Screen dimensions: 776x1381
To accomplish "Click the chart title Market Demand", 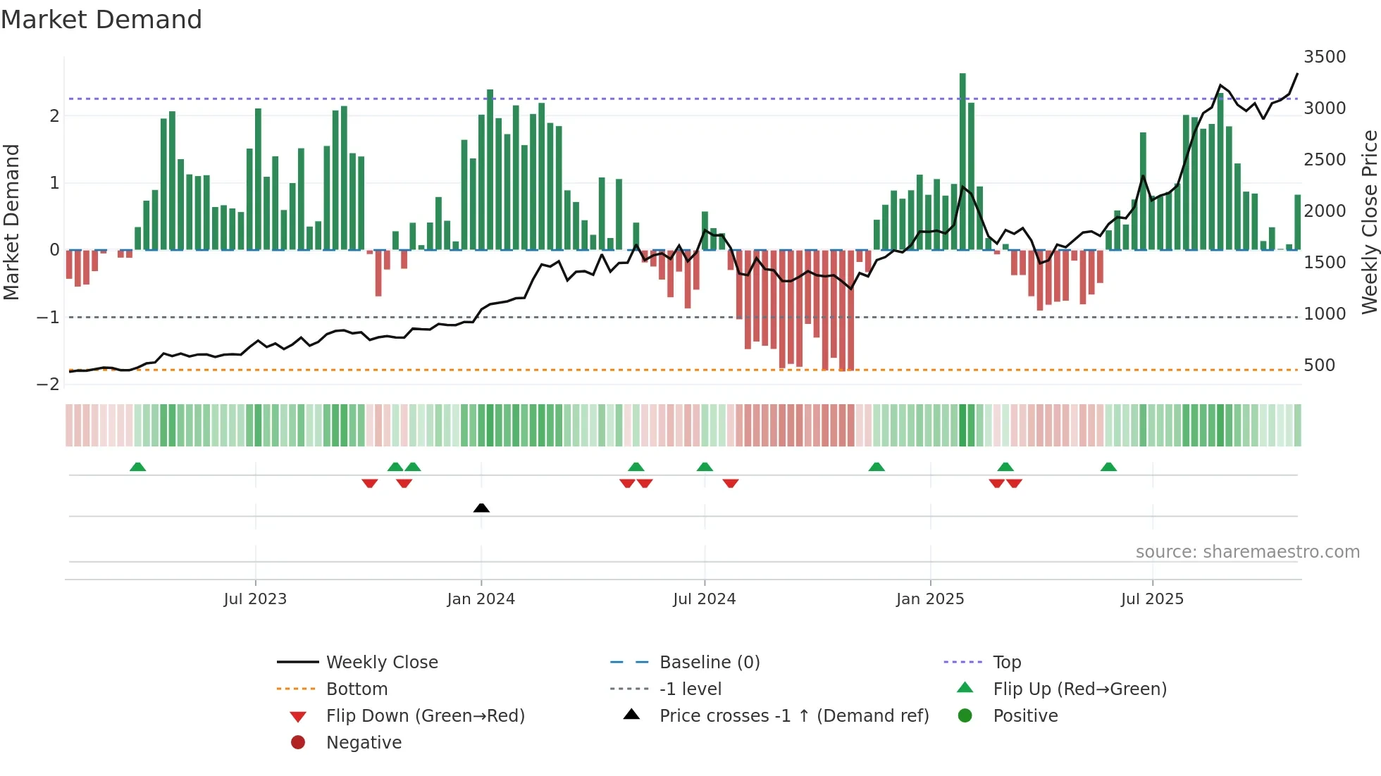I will pos(101,20).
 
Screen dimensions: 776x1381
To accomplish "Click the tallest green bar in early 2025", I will pos(962,162).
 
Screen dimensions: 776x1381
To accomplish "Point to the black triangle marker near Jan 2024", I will pos(481,508).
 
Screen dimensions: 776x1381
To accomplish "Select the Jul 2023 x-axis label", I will pos(255,599).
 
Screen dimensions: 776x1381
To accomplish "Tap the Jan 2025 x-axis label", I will pos(930,599).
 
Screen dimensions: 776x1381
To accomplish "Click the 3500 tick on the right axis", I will pos(1325,57).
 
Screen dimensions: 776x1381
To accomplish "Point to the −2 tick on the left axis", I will pos(48,384).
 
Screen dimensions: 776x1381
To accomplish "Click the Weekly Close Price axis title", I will pos(1369,222).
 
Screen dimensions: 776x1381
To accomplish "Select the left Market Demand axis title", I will pos(11,222).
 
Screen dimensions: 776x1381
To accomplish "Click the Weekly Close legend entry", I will pos(382,663).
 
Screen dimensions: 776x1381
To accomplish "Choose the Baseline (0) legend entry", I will pos(709,663).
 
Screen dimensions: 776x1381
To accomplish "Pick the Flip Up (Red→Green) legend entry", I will pos(1079,689).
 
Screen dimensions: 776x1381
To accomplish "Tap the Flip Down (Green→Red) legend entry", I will pos(425,716).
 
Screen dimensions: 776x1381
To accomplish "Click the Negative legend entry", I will pos(364,743).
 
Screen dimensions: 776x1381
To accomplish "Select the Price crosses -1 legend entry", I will pos(793,716).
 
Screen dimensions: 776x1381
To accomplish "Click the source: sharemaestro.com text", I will pos(1247,552).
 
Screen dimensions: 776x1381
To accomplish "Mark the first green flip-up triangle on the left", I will pos(138,467).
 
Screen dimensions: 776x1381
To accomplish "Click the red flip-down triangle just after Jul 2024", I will pos(731,483).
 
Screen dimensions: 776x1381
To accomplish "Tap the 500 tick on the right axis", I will pos(1319,365).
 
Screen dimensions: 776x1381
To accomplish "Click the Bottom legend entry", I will pos(357,689).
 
